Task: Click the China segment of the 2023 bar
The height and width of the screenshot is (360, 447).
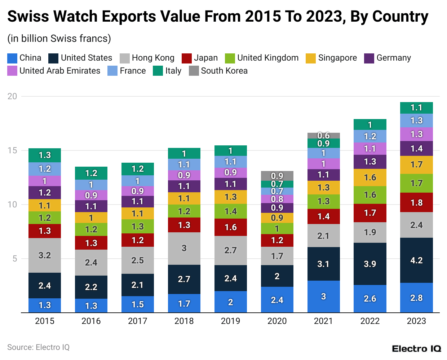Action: [x=416, y=298]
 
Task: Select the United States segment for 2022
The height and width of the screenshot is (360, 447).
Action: [x=370, y=264]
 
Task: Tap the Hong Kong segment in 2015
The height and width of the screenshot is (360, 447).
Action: [x=45, y=255]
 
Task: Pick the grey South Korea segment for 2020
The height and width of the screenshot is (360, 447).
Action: [x=277, y=176]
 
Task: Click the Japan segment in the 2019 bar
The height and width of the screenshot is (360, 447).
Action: [x=230, y=227]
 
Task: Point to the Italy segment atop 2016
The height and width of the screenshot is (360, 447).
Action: [x=91, y=173]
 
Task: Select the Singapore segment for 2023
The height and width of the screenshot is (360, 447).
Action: [x=416, y=165]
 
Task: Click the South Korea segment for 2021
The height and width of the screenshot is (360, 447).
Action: [x=323, y=136]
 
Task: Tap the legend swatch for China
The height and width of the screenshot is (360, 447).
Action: [x=12, y=58]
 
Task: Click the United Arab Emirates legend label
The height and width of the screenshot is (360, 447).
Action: [x=60, y=71]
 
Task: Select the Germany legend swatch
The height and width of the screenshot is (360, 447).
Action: [x=369, y=58]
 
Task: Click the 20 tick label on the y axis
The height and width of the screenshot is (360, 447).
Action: [x=12, y=96]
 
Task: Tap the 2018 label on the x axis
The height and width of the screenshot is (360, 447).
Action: [x=184, y=321]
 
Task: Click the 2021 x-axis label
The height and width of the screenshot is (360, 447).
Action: [x=323, y=321]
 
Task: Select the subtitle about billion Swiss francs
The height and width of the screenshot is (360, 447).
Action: [x=59, y=39]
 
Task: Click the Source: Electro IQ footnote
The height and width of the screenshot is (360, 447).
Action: [x=38, y=347]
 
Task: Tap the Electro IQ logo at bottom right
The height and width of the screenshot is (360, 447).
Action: [x=416, y=349]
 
